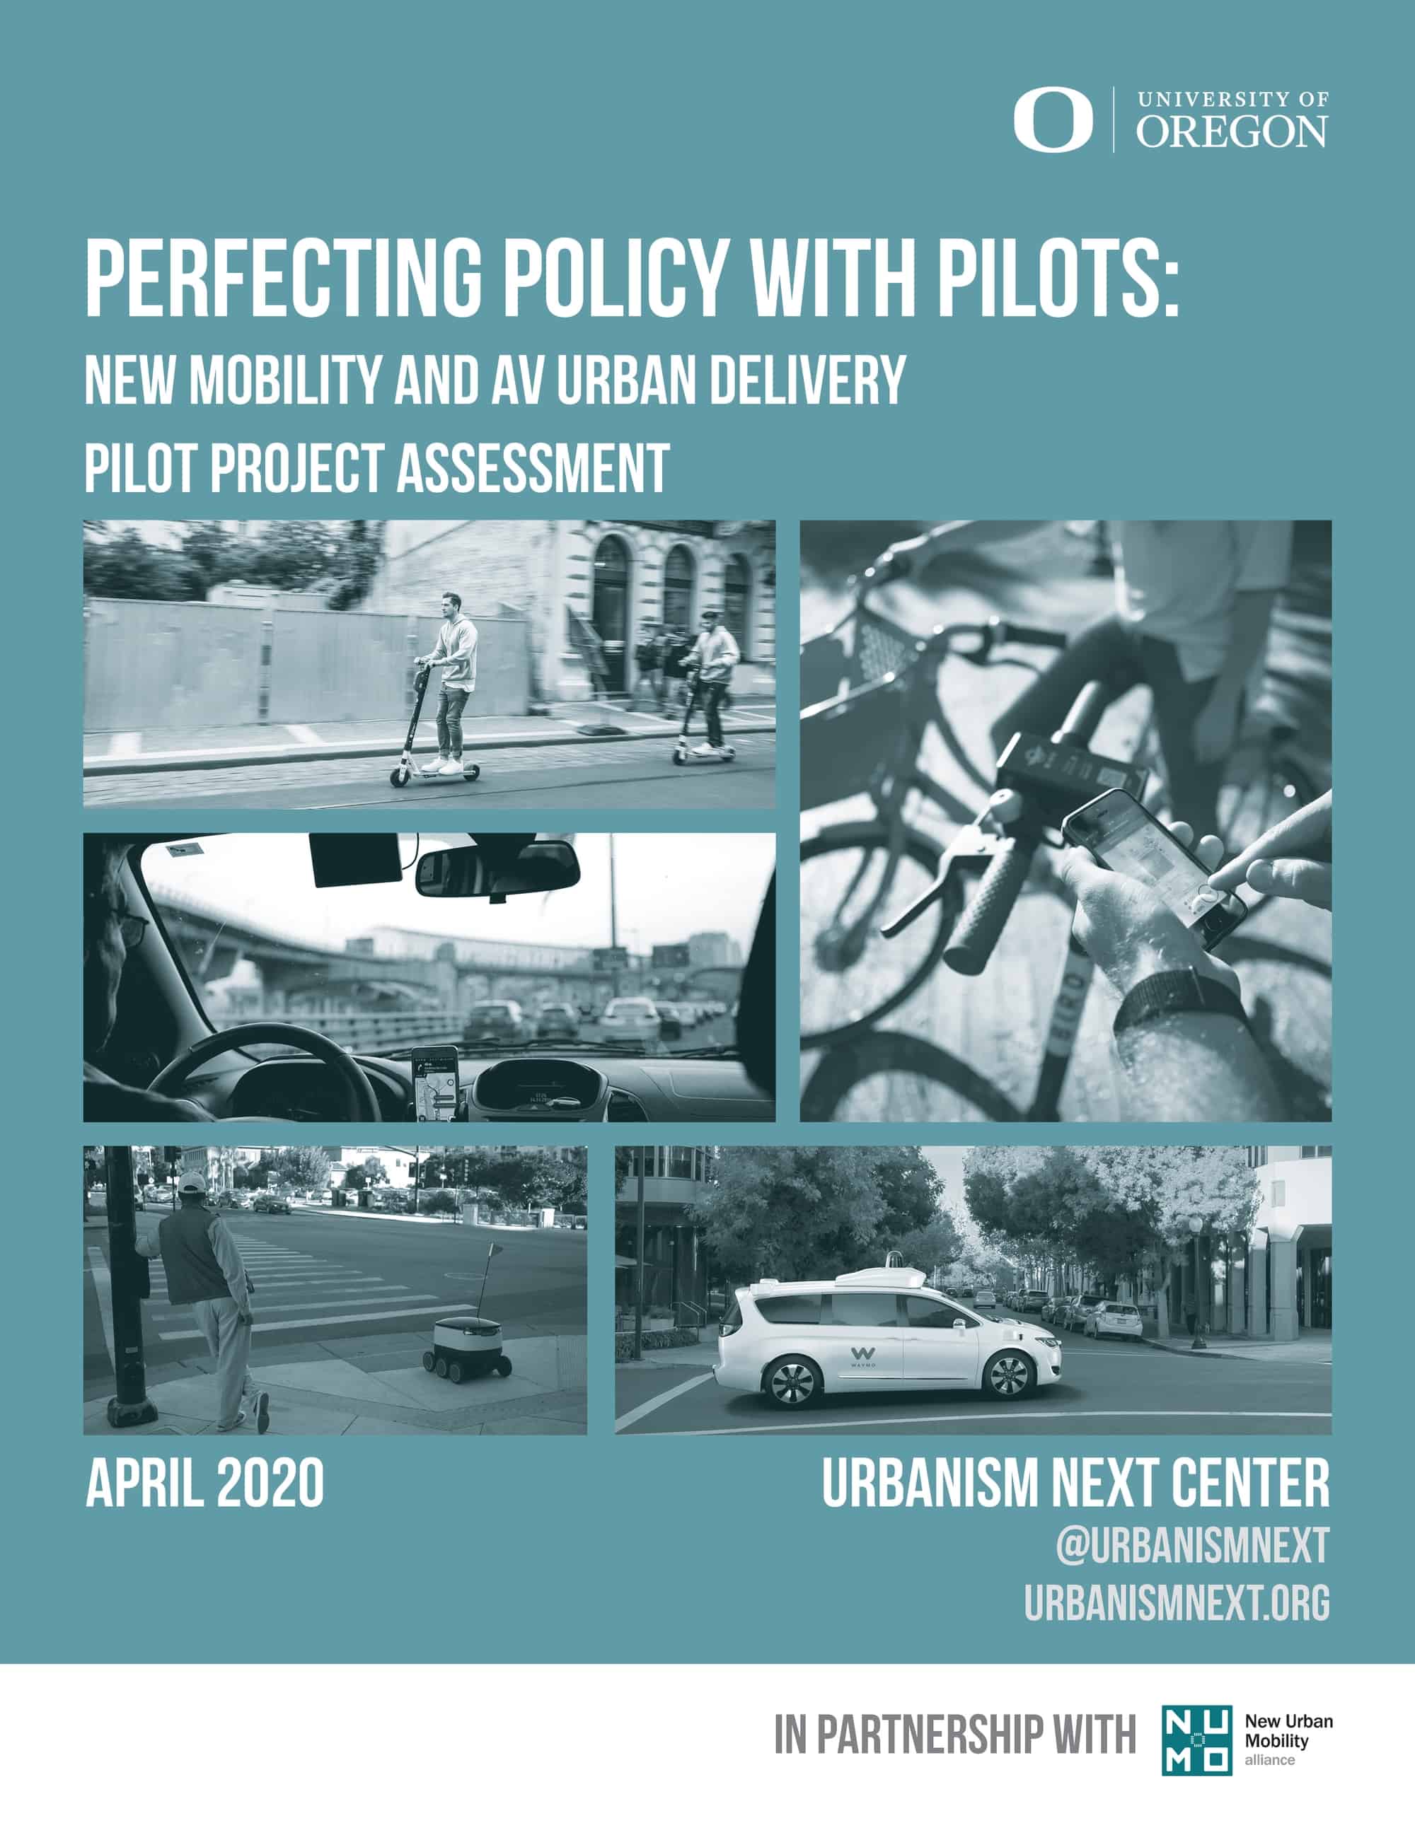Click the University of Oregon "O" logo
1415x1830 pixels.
tap(1053, 121)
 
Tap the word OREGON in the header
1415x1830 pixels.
tap(1232, 132)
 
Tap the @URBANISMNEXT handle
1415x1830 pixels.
tap(1192, 1568)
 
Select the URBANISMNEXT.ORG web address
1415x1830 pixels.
tap(1177, 1626)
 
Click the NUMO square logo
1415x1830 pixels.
tap(1196, 1739)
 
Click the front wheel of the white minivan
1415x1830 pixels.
tap(1008, 1375)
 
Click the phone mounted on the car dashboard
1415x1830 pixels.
tap(434, 1083)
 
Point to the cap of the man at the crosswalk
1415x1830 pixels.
tap(192, 1182)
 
